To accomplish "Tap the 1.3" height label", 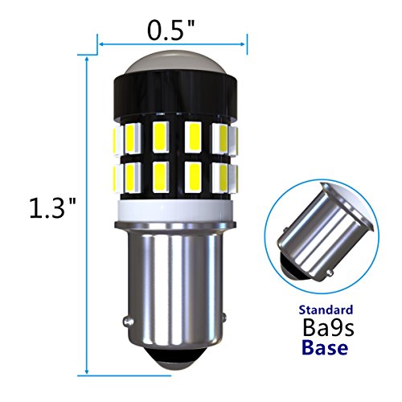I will (49, 210).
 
